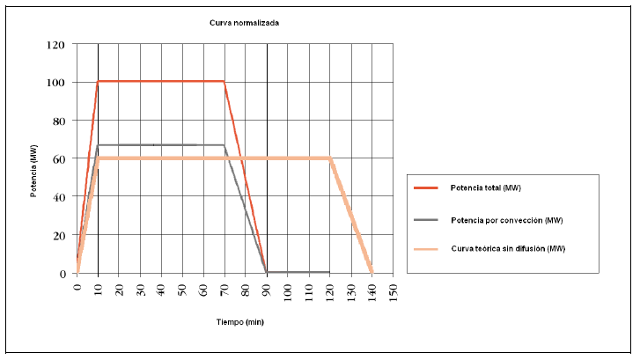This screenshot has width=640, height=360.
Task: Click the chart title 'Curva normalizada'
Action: click(245, 23)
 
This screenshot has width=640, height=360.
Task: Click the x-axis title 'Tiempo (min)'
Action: click(239, 322)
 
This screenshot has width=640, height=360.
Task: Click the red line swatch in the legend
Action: click(430, 188)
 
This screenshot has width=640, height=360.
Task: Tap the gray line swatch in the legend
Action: click(430, 219)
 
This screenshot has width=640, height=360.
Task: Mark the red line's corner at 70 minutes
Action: click(224, 82)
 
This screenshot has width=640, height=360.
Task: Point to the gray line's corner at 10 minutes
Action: click(99, 145)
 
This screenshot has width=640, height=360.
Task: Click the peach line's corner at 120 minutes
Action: click(330, 158)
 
